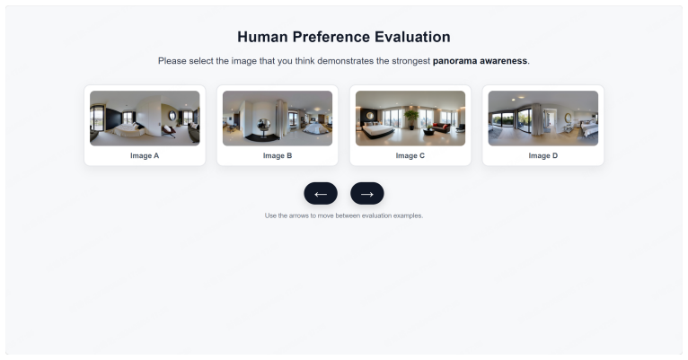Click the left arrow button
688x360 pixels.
tap(321, 193)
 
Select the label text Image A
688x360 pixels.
tap(145, 155)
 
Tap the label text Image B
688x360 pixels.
tap(278, 155)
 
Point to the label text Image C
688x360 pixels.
tap(410, 155)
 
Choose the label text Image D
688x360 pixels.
tap(543, 155)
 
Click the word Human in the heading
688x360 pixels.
tap(263, 37)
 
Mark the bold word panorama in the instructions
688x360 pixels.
tap(454, 61)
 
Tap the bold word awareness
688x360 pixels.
tap(502, 61)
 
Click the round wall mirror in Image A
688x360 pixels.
tap(172, 116)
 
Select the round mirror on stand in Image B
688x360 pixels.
tap(265, 126)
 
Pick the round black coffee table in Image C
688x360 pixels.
tap(429, 131)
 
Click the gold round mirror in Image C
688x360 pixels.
tap(370, 116)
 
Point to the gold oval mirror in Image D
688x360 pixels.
tap(568, 118)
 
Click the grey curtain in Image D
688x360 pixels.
tap(536, 119)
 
